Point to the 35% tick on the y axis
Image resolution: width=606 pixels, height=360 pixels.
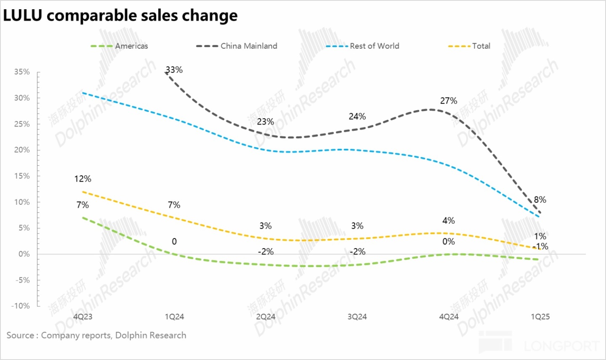[22, 72]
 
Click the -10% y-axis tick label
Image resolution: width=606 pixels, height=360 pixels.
[21, 306]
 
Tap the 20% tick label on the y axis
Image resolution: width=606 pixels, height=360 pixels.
[22, 150]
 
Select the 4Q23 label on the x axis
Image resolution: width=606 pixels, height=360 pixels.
[82, 317]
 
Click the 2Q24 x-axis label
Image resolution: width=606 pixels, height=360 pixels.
[266, 317]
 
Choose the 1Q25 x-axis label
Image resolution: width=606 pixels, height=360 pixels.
[540, 317]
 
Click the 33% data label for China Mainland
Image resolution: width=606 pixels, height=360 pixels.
[174, 70]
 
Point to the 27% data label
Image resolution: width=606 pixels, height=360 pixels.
[449, 101]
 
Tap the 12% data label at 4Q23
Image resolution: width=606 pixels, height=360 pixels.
[82, 179]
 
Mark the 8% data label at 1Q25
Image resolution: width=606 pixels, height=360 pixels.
[540, 200]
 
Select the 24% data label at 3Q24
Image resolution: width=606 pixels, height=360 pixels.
[357, 116]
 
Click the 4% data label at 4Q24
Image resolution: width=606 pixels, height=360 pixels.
[449, 221]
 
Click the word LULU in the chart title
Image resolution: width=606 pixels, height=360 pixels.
[23, 16]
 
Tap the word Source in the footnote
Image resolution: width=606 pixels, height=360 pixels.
[21, 335]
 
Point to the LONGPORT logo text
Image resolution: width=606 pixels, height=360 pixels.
[561, 346]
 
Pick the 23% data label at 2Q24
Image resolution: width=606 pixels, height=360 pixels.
[266, 122]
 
